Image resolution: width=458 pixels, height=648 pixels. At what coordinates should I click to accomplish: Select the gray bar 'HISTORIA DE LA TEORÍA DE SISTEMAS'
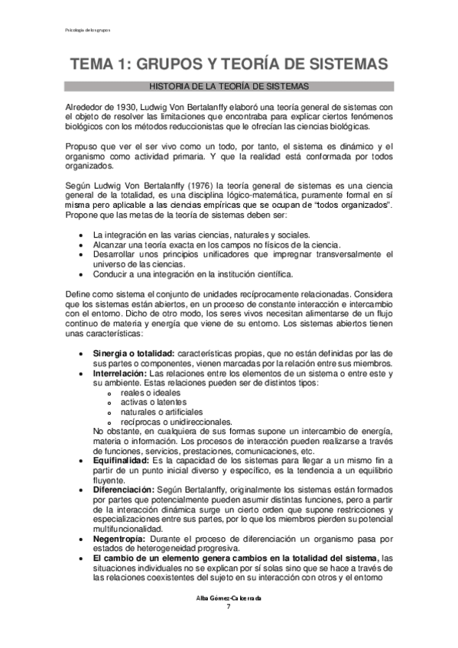(x=229, y=87)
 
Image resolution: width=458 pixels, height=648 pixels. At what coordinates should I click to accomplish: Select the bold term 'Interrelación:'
(x=119, y=374)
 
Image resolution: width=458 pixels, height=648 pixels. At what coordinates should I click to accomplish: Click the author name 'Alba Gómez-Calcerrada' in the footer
(x=229, y=598)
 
